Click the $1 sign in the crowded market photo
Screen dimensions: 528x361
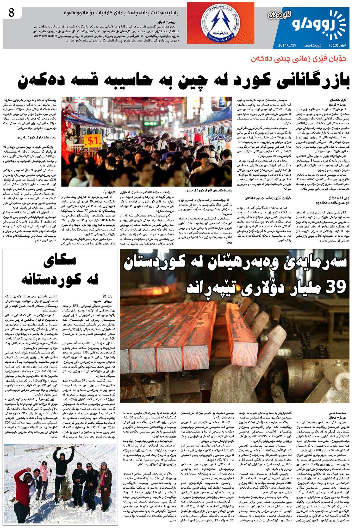click(93, 141)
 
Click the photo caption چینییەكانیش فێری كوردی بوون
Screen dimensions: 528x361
click(208, 190)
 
